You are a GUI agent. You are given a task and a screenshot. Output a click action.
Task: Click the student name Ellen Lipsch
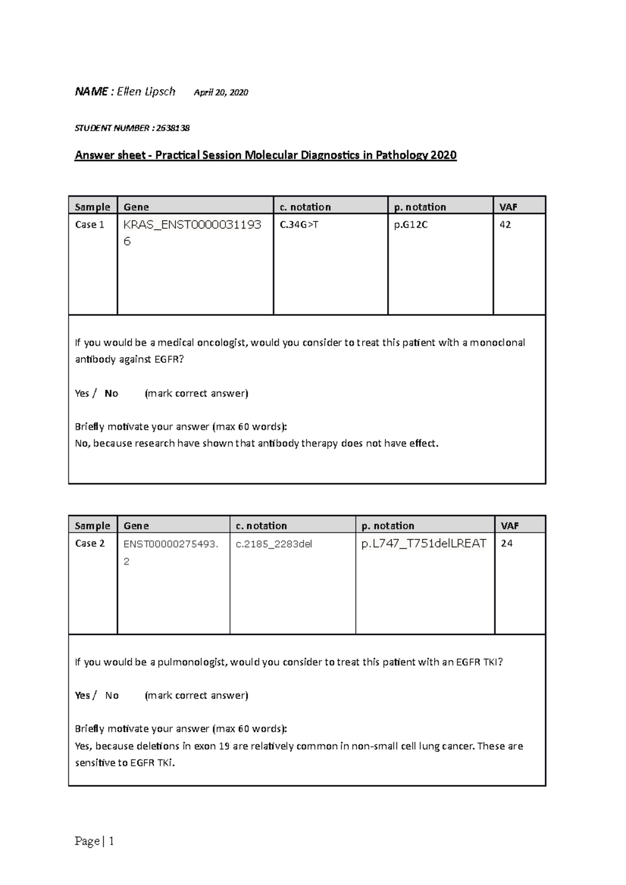(146, 92)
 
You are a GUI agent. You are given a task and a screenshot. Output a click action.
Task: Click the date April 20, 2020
(221, 93)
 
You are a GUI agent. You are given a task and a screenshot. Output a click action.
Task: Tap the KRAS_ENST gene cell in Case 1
(192, 232)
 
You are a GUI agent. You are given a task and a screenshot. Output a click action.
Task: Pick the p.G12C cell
(411, 225)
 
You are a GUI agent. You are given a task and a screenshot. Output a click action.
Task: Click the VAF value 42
(505, 225)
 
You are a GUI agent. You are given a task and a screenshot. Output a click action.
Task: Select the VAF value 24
(507, 543)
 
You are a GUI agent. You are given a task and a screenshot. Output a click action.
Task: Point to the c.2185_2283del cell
(274, 544)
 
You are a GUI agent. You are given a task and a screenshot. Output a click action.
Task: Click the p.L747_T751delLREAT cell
(424, 544)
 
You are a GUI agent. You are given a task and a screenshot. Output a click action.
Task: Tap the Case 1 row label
(90, 225)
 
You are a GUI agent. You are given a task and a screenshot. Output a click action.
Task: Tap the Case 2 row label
(90, 543)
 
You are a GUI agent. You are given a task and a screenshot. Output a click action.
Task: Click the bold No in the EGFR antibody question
(111, 394)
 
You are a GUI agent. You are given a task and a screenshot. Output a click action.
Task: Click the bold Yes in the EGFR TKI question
(82, 695)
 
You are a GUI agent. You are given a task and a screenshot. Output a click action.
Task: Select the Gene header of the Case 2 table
(136, 525)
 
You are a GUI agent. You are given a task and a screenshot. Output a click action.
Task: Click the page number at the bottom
(94, 841)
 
